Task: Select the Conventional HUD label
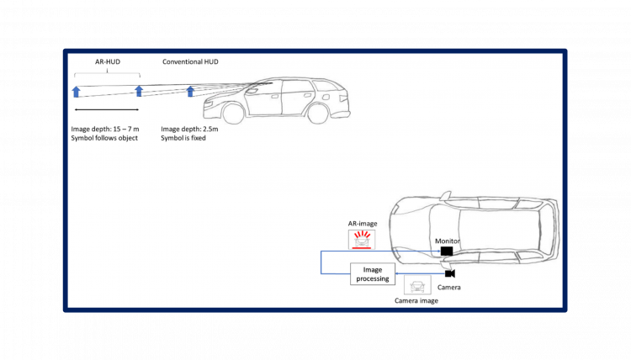pos(191,62)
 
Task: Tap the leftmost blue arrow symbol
pos(76,92)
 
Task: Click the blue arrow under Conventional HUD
pos(191,92)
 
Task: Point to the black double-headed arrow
pos(107,109)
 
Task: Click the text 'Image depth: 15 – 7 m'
pos(107,129)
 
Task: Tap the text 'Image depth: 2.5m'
pos(189,129)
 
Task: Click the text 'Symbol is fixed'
pos(183,138)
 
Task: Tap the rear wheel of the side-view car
pos(317,111)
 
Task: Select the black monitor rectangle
pos(446,251)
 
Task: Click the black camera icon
pos(449,273)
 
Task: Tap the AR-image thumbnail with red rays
pos(362,240)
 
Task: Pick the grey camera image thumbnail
pos(417,285)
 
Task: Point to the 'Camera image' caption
pos(416,300)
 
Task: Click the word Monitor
pos(448,240)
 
